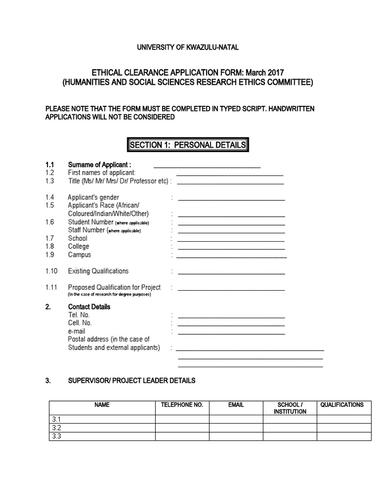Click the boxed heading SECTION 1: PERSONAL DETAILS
coord(188,145)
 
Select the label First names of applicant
coord(101,173)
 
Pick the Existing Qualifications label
coord(98,271)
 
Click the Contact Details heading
coord(89,307)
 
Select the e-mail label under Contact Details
coord(76,331)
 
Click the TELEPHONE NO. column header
coord(182,405)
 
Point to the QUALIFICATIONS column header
coord(342,405)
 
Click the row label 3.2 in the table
coord(56,428)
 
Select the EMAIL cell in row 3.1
coord(236,420)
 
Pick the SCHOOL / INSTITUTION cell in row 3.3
coord(290,436)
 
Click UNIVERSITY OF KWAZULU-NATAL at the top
coord(188,47)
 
